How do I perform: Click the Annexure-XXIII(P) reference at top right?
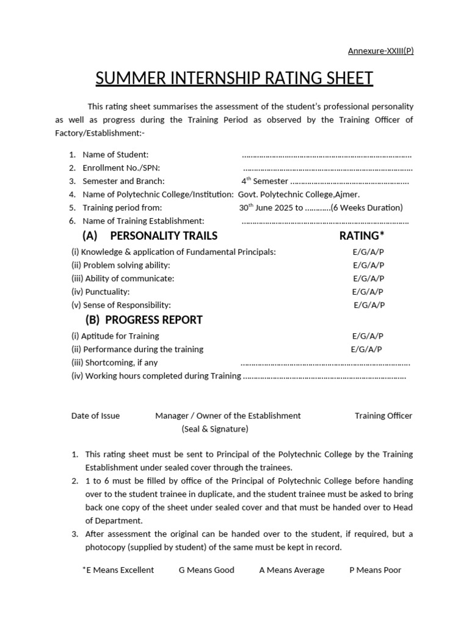(380, 51)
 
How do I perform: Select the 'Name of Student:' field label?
(115, 155)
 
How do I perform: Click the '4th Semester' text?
(264, 182)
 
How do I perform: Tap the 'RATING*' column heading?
(362, 236)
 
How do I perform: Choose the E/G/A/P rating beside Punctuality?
(368, 292)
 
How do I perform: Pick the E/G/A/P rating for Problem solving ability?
(368, 265)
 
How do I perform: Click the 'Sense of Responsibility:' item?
(122, 305)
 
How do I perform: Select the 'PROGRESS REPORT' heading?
(153, 320)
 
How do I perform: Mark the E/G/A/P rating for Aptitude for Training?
(368, 336)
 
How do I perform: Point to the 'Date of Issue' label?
(95, 416)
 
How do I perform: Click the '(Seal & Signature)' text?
(215, 429)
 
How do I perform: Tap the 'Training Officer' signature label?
(384, 416)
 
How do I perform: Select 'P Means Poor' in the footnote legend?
(375, 570)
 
